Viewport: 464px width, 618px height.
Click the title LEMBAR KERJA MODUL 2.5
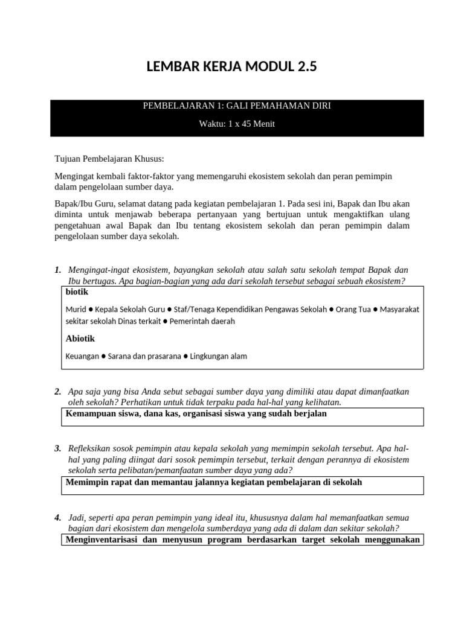(x=231, y=68)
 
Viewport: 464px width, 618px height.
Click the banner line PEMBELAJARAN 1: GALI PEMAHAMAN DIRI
(x=236, y=106)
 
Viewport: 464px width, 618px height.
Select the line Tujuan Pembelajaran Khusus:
(x=109, y=159)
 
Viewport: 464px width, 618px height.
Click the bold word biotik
(x=77, y=291)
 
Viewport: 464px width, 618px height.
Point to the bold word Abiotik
(x=80, y=339)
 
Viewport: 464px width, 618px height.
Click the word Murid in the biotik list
(x=76, y=309)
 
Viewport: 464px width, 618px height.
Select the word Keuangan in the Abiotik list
(x=82, y=356)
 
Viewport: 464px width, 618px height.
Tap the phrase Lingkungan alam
(x=218, y=356)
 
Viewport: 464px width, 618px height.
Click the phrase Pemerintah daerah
(x=202, y=321)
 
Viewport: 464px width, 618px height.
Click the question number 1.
(x=58, y=269)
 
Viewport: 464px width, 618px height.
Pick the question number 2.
(x=58, y=392)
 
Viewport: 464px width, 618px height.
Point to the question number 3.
(x=58, y=448)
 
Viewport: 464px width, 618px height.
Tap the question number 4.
(x=58, y=517)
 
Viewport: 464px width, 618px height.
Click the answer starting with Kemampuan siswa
(x=196, y=414)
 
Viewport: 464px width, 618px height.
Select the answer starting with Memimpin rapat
(x=213, y=482)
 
